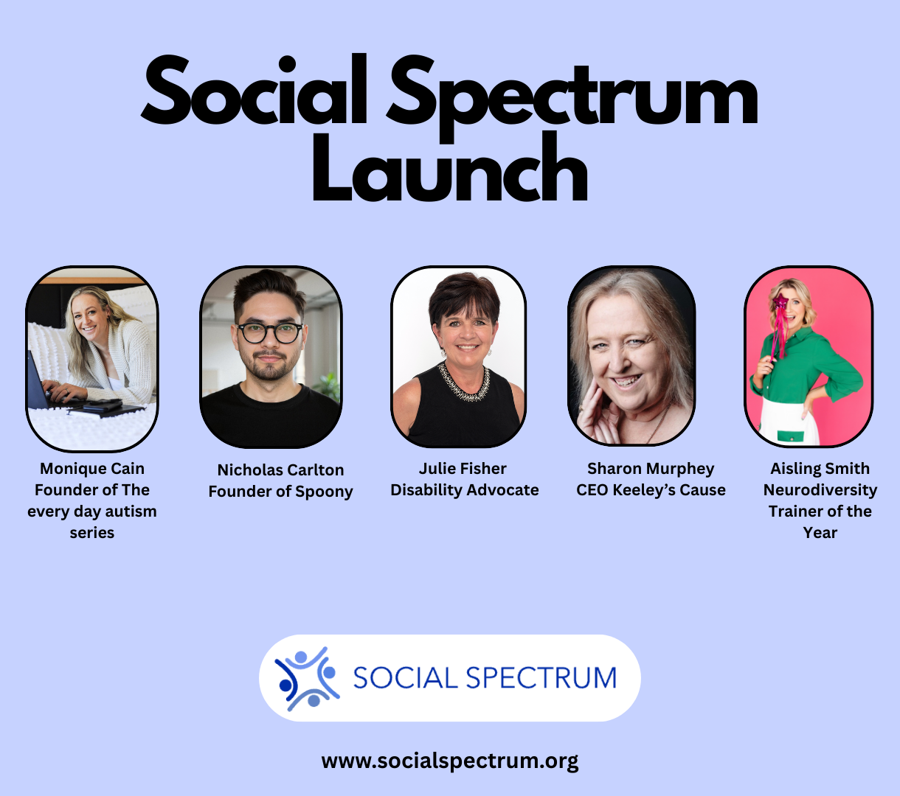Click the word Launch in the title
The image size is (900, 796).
pyautogui.click(x=450, y=168)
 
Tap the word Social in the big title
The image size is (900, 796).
pyautogui.click(x=255, y=90)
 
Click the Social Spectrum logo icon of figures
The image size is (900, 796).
pyautogui.click(x=307, y=679)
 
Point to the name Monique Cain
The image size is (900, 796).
pyautogui.click(x=92, y=468)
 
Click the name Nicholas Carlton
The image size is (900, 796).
pyautogui.click(x=281, y=469)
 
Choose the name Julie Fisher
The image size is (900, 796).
pyautogui.click(x=463, y=468)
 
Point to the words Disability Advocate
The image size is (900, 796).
pyautogui.click(x=465, y=490)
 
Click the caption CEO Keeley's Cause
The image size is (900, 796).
pyautogui.click(x=651, y=490)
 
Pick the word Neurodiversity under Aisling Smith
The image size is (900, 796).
pyautogui.click(x=820, y=490)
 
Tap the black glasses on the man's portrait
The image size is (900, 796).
pyautogui.click(x=270, y=333)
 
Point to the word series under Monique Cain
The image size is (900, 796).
pyautogui.click(x=92, y=533)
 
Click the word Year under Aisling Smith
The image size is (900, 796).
pyautogui.click(x=820, y=533)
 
